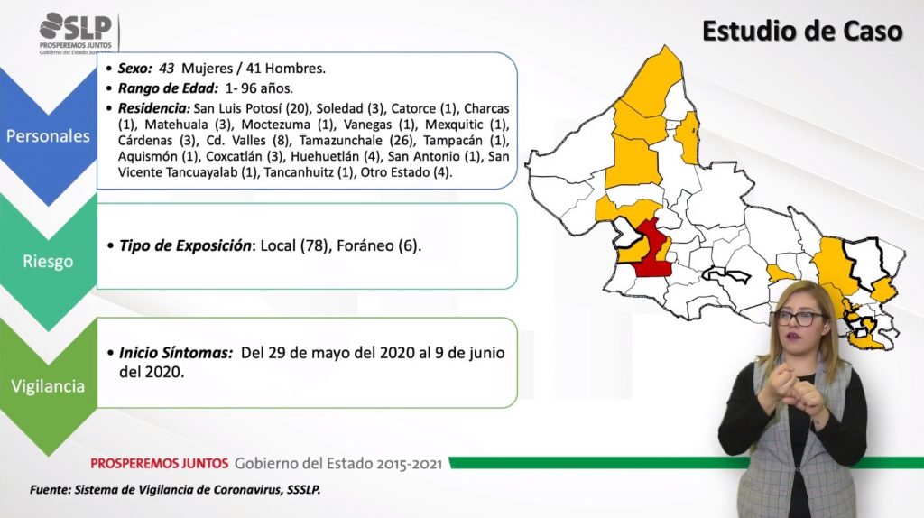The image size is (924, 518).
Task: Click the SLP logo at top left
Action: pyautogui.click(x=76, y=33)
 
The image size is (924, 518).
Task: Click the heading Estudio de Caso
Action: pyautogui.click(x=802, y=31)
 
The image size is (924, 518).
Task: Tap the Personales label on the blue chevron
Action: pyautogui.click(x=48, y=136)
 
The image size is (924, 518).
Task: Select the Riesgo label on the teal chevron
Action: pyautogui.click(x=48, y=261)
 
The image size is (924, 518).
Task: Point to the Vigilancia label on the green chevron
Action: pyautogui.click(x=48, y=386)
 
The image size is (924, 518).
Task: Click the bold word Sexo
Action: pyautogui.click(x=135, y=69)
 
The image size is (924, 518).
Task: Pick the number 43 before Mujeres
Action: pyautogui.click(x=166, y=69)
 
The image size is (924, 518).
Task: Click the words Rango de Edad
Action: pyautogui.click(x=168, y=88)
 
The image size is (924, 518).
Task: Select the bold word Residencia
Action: pyautogui.click(x=153, y=108)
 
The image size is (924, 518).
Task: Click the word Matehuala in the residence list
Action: pyautogui.click(x=176, y=125)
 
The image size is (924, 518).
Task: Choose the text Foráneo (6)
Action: pyautogui.click(x=379, y=245)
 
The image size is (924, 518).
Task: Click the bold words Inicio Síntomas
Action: pyautogui.click(x=176, y=353)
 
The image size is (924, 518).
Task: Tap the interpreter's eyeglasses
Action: pyautogui.click(x=799, y=319)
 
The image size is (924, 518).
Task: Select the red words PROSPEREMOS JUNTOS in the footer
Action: pyautogui.click(x=159, y=463)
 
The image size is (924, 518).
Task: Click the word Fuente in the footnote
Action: pyautogui.click(x=50, y=490)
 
